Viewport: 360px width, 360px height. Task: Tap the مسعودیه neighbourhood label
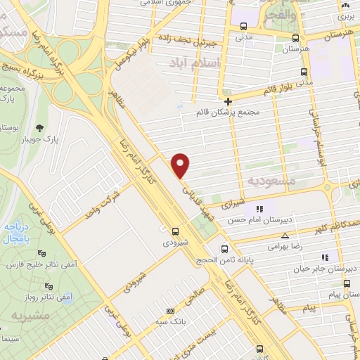270,181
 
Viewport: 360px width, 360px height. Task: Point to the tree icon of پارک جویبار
37,127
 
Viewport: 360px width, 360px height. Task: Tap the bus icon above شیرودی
174,230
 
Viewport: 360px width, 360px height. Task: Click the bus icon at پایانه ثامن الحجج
225,249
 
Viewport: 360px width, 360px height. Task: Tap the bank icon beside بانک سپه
169,311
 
